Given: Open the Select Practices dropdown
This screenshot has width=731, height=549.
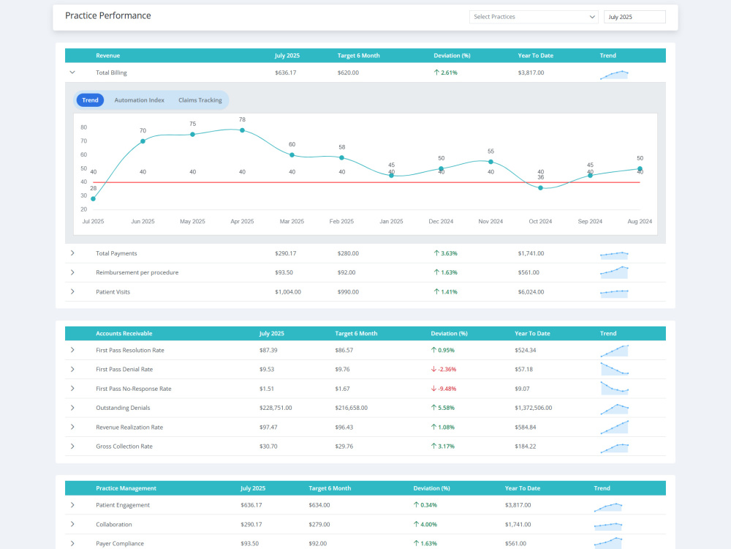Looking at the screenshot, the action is (x=534, y=17).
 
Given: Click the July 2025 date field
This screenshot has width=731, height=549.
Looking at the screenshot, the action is (x=635, y=17).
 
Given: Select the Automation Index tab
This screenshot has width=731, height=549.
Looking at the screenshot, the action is (x=140, y=100).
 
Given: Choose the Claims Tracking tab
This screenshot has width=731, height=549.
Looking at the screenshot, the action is (x=200, y=100).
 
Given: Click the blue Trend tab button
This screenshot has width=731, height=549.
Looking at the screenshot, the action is (x=90, y=100).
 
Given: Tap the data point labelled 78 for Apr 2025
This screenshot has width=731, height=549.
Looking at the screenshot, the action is (x=242, y=130).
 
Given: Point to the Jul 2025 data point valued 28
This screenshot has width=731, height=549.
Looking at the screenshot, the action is (x=94, y=199).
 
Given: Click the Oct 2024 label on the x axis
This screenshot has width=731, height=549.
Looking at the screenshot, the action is (x=540, y=221).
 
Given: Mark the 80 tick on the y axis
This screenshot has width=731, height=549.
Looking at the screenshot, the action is (x=83, y=127).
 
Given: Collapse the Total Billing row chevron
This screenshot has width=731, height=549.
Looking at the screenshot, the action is (x=72, y=72).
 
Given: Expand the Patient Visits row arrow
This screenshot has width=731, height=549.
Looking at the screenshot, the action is (x=72, y=292).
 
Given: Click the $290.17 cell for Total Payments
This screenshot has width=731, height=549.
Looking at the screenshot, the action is (x=285, y=253).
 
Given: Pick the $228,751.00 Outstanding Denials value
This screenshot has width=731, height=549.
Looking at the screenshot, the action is (x=276, y=408).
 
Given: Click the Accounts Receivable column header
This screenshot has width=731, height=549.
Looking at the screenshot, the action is (x=124, y=333).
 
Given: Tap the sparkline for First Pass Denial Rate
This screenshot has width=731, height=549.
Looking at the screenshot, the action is (x=615, y=369).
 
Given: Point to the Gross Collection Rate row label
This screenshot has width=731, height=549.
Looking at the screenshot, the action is (x=124, y=447).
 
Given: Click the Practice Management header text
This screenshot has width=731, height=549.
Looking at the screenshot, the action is (x=126, y=488).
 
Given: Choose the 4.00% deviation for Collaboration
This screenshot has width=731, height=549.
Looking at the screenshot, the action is (x=425, y=524).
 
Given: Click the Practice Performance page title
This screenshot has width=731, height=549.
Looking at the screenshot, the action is (x=107, y=15).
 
